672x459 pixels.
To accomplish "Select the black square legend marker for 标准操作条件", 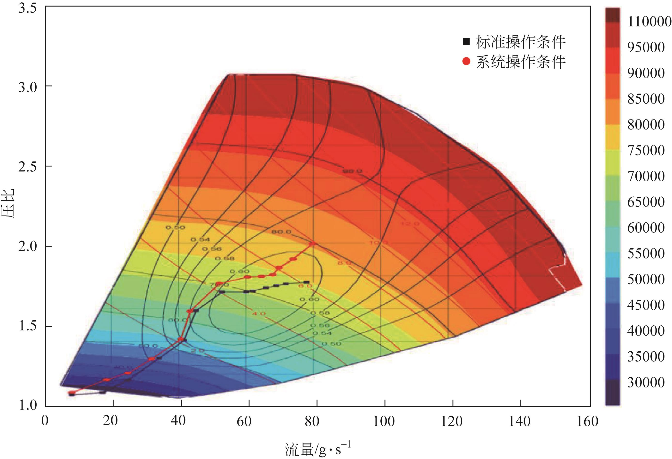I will tap(466, 42).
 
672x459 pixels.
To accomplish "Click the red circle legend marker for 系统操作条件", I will tap(466, 61).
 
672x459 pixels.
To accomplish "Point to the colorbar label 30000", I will tap(646, 382).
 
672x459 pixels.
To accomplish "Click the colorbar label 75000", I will tap(646, 150).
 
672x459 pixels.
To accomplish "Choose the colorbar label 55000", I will tap(646, 253).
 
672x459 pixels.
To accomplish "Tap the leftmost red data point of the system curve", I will tap(72, 393).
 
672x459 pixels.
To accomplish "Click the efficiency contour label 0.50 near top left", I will tap(175, 227).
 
